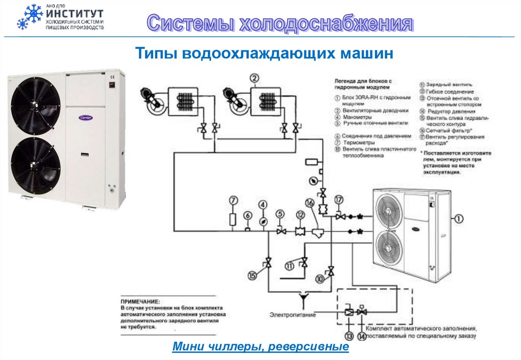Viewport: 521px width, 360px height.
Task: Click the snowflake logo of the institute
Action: coord(29,17)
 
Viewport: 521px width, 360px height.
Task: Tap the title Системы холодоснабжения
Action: coord(280,24)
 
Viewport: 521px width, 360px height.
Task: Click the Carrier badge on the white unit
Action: coord(85,117)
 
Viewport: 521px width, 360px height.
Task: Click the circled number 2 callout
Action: coord(254,78)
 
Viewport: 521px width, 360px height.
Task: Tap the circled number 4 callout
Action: coord(263,205)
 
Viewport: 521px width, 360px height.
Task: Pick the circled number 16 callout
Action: coord(310,202)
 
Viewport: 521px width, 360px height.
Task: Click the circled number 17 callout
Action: coord(339,199)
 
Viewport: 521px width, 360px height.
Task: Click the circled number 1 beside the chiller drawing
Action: coord(458,219)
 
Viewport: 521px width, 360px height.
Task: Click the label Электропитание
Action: coord(293,315)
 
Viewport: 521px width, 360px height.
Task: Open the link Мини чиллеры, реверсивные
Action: coord(260,347)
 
